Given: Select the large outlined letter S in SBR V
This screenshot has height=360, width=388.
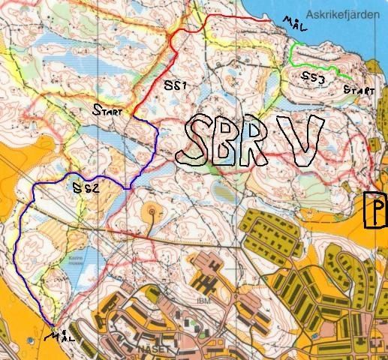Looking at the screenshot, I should [x=194, y=142].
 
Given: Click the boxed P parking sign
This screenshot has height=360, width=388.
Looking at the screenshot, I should [x=375, y=209].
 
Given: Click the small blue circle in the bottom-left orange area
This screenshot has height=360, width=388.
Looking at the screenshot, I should [x=30, y=339].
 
